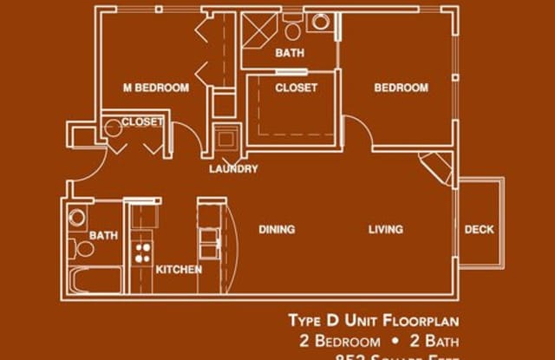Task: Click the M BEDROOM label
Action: (x=156, y=88)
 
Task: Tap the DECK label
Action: (x=479, y=230)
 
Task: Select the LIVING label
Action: (x=385, y=230)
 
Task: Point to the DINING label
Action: (x=277, y=230)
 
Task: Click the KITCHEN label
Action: (x=179, y=270)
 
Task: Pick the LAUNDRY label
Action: (x=233, y=169)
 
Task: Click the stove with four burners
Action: (x=141, y=253)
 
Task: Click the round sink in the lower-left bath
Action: (x=75, y=218)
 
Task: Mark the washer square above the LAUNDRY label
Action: (x=226, y=139)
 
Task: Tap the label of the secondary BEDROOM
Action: (x=401, y=88)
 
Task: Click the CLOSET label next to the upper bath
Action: (x=296, y=88)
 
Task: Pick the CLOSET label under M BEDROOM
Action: (x=141, y=122)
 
